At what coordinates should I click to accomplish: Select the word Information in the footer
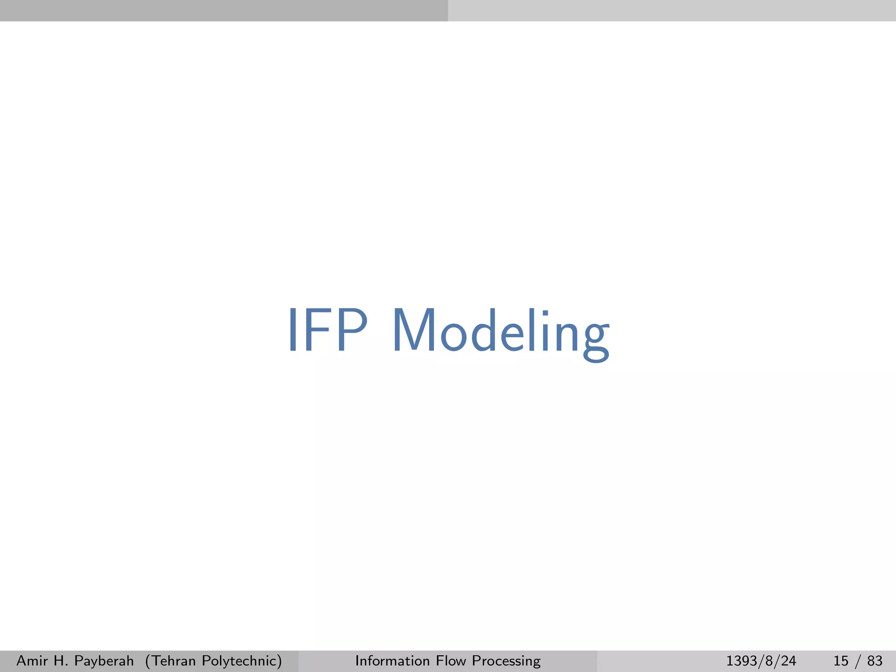coord(392,660)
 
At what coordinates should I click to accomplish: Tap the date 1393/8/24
coord(761,661)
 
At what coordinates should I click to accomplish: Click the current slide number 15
coord(841,661)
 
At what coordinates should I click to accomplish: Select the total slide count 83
coord(875,661)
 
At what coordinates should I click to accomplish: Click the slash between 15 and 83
coord(857,661)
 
